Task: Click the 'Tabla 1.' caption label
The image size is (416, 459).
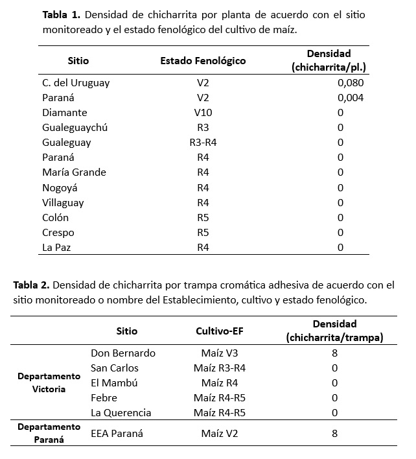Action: point(62,15)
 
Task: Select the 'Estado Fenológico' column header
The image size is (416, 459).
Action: point(203,61)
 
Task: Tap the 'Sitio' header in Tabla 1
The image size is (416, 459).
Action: point(78,61)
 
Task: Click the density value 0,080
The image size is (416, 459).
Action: point(351,83)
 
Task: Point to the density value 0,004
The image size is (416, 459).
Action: point(351,98)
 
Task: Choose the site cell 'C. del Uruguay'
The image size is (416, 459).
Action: point(76,83)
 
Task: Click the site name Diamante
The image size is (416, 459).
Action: point(65,113)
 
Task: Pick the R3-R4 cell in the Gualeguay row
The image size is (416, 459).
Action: point(203,143)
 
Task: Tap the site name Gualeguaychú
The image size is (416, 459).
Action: point(75,128)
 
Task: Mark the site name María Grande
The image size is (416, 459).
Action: point(74,172)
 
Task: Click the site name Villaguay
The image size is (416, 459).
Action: point(64,202)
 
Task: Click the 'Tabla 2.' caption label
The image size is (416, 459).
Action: point(33,285)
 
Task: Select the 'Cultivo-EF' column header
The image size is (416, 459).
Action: point(219,331)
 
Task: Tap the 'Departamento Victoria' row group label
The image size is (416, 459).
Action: point(49,383)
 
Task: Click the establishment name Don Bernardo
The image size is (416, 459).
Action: point(123,353)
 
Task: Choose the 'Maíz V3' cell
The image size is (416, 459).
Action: point(219,353)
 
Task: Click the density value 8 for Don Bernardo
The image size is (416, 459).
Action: point(334,353)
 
